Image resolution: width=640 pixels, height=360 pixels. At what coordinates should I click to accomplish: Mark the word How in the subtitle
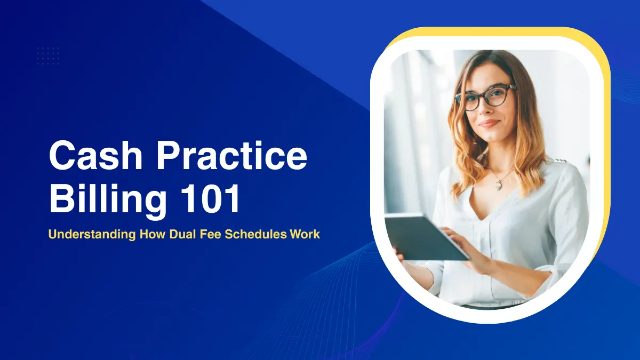point(151,234)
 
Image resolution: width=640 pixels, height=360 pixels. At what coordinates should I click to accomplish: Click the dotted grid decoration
point(48,55)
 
